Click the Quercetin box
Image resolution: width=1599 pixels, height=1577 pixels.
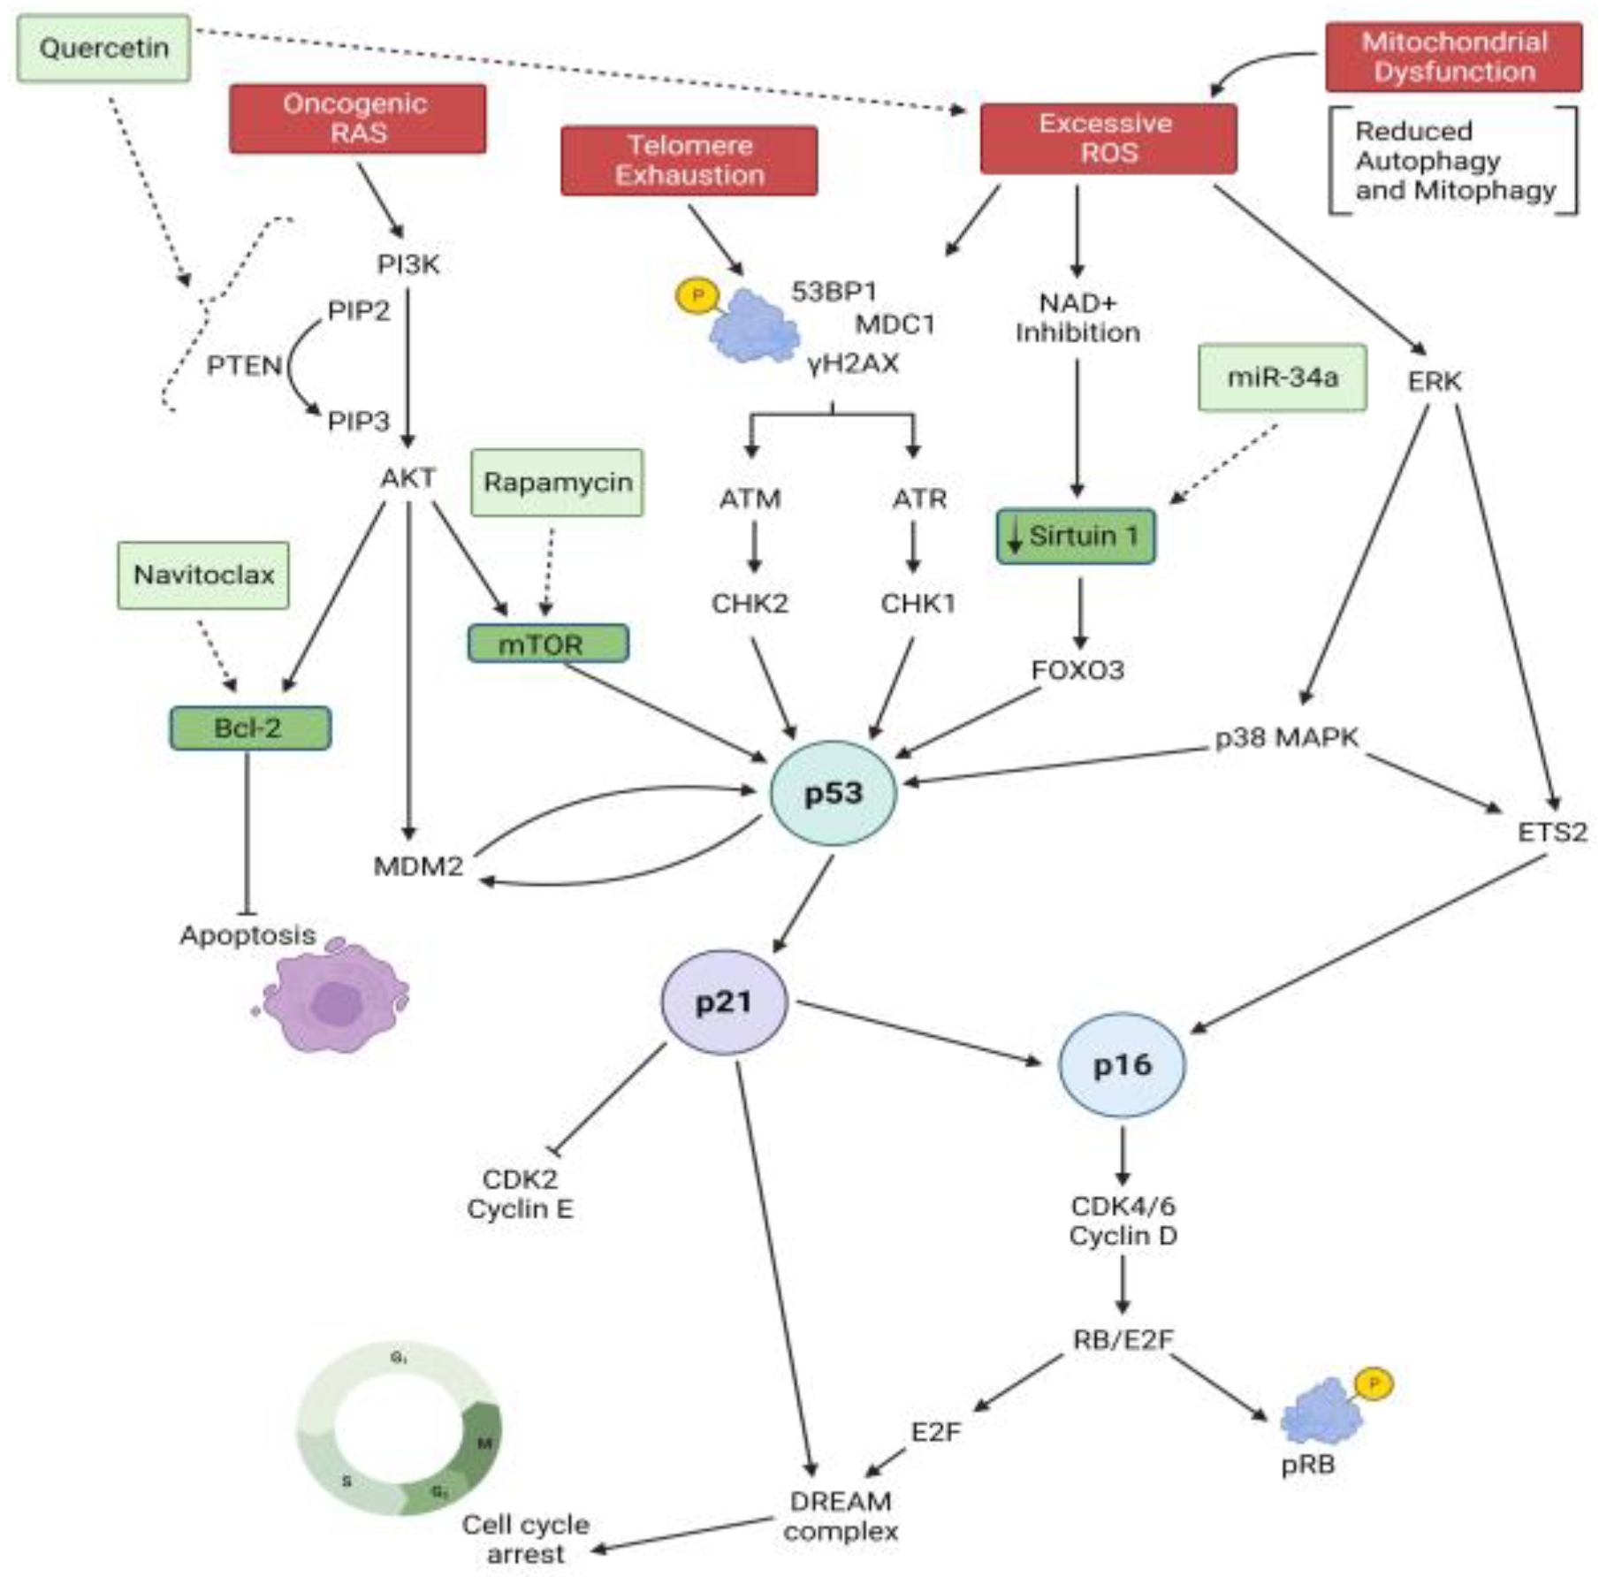tap(103, 48)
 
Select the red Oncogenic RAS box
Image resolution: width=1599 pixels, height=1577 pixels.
tap(357, 118)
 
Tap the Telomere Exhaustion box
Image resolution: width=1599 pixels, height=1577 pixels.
tap(689, 160)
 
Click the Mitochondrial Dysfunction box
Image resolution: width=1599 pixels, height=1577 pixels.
tap(1453, 57)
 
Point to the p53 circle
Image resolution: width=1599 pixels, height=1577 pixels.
tap(833, 793)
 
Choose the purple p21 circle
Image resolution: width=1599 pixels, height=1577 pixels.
tap(724, 1002)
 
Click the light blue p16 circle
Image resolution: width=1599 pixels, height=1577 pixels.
tap(1122, 1064)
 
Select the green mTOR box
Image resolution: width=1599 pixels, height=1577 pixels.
tap(548, 644)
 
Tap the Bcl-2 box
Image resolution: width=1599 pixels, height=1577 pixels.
tap(250, 728)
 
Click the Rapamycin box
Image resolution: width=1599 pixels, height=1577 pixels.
tap(557, 483)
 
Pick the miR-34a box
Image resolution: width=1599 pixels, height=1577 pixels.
tap(1282, 378)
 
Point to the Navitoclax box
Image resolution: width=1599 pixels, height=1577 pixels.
tap(203, 575)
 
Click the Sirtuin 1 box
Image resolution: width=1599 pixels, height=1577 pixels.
tap(1075, 536)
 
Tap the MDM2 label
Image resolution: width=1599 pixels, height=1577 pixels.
tap(418, 866)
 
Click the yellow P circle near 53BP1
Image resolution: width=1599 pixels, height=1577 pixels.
tap(697, 296)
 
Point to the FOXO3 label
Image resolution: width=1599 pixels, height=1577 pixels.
tap(1077, 670)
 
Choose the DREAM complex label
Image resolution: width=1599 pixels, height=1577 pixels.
tap(840, 1515)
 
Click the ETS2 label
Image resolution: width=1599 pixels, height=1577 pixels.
tap(1551, 832)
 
